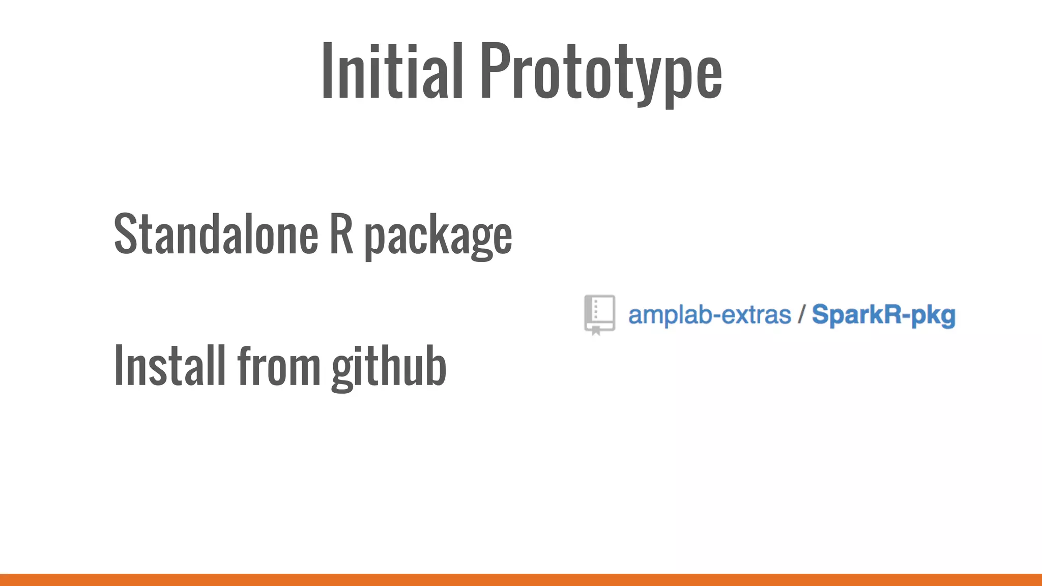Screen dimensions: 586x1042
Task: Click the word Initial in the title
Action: (x=392, y=71)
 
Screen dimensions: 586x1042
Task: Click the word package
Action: (x=438, y=237)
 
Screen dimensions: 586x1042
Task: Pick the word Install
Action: (x=170, y=365)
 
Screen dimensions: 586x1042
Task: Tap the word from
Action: (x=279, y=365)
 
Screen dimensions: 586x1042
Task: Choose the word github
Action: (x=389, y=366)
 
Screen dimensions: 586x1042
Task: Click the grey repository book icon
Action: (x=599, y=313)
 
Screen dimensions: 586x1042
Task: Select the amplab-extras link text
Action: (x=709, y=315)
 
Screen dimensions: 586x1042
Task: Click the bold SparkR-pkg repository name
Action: (x=883, y=315)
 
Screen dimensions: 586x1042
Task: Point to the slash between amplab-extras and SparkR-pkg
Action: (x=801, y=315)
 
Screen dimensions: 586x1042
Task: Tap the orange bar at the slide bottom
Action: (x=521, y=580)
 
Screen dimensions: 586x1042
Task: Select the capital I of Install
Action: (x=119, y=365)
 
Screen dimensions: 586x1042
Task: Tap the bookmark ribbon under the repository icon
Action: (x=596, y=331)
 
